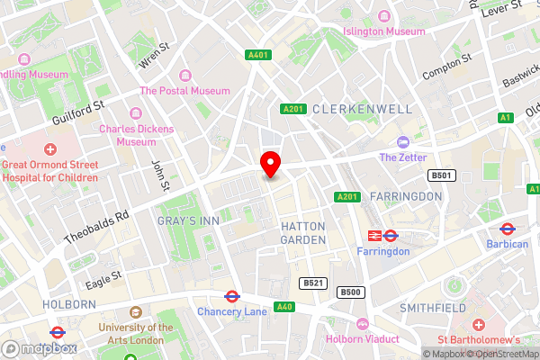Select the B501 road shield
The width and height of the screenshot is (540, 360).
pos(439,175)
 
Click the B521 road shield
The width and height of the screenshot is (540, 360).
pos(313,283)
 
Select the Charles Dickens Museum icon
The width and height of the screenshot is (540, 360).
pos(136,112)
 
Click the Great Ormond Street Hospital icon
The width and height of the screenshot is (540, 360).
pos(49,148)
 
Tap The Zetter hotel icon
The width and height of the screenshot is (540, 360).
pos(402,142)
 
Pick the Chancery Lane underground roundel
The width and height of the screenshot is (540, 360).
pos(231,295)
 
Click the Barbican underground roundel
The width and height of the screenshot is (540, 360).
pos(507,229)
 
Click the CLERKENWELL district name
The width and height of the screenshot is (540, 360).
pos(363,109)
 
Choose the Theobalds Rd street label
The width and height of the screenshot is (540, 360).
pos(98,228)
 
